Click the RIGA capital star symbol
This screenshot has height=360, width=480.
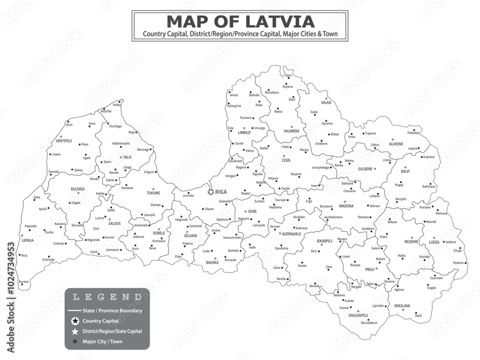coord(211,192)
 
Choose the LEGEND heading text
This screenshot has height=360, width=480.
coord(107,297)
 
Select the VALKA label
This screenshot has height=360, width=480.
coord(326,103)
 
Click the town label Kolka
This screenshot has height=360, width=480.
coord(117,105)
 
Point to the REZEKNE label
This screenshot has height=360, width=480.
coord(411,242)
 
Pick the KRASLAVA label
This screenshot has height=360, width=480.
coord(402,306)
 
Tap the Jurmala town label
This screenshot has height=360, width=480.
coord(188,195)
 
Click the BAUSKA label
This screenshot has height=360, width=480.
coord(212,263)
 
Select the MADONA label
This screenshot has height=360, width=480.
coord(346,206)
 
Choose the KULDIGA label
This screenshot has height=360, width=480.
coord(77,189)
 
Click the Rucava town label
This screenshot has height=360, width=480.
coord(23,281)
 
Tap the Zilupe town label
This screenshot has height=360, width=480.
coord(457,251)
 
